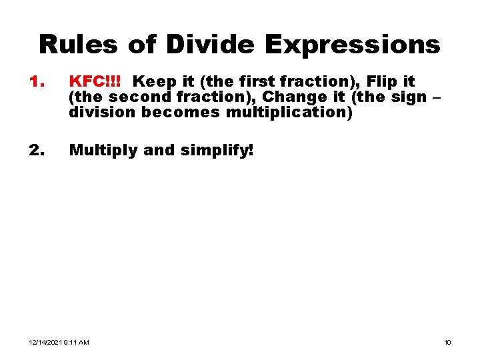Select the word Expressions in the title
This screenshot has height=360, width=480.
click(x=352, y=45)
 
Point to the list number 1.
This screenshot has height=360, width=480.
click(x=36, y=82)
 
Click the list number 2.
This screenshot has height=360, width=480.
click(x=36, y=151)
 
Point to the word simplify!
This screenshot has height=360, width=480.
click(x=218, y=151)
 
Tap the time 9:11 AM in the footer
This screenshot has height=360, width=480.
click(x=77, y=343)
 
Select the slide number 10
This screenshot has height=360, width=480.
click(x=447, y=343)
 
